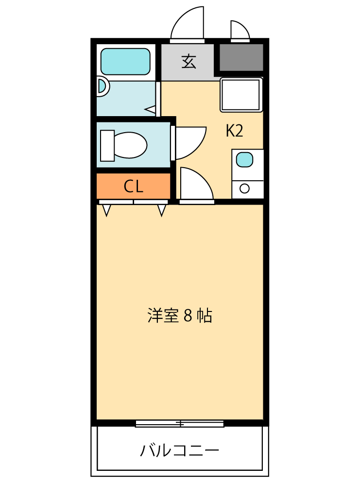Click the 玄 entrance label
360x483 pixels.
click(x=189, y=62)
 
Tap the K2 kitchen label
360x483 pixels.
click(x=234, y=131)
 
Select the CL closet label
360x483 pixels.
click(x=133, y=186)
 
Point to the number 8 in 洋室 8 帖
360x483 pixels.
click(x=188, y=316)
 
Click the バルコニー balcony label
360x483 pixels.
click(x=179, y=450)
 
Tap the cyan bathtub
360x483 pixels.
click(x=125, y=61)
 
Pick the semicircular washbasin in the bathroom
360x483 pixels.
click(x=102, y=86)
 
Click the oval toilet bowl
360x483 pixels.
click(x=130, y=145)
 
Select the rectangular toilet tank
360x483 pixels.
click(x=107, y=145)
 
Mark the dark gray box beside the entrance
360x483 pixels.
click(x=241, y=57)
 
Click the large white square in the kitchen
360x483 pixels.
click(x=241, y=94)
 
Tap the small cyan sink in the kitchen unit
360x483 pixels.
click(x=244, y=159)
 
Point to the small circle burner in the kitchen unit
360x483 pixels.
click(x=244, y=188)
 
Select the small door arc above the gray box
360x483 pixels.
click(x=240, y=30)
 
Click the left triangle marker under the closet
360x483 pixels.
click(x=106, y=210)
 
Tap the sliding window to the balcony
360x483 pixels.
click(x=179, y=424)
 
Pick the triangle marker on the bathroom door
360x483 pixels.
click(x=151, y=110)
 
